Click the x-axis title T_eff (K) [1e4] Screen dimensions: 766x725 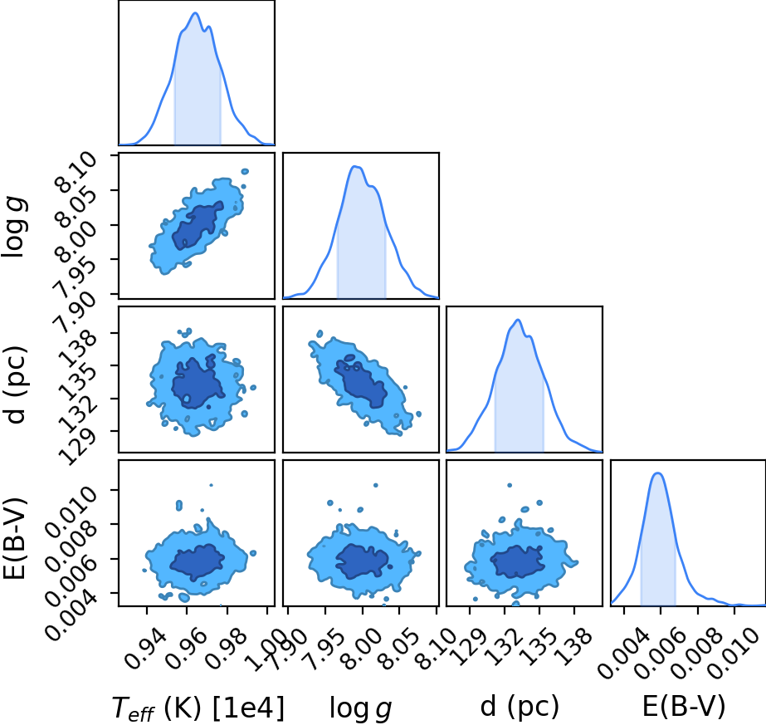(198, 708)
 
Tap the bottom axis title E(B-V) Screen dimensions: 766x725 (684, 707)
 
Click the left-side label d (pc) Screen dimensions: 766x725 (15, 385)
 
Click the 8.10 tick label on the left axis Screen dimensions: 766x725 (76, 172)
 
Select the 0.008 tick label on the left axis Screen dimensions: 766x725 (71, 540)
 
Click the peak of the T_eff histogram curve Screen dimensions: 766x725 (195, 12)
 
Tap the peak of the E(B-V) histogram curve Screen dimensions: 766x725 (658, 473)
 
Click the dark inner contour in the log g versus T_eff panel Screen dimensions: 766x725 (198, 225)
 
